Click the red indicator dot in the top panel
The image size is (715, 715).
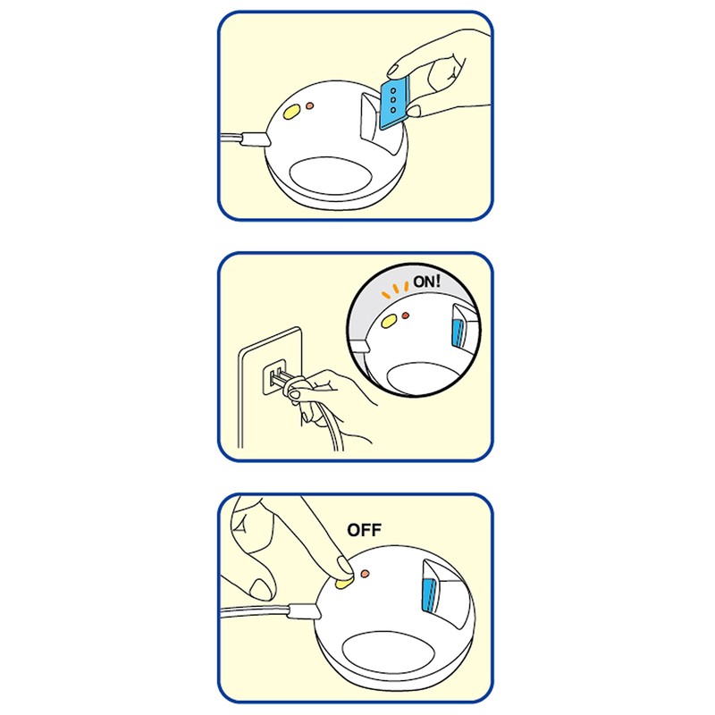tap(309, 105)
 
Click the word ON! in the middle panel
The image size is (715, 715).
tap(427, 282)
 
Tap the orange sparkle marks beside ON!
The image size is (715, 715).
tap(395, 290)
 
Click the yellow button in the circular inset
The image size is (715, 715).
tap(389, 322)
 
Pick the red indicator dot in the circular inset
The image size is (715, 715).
tap(406, 315)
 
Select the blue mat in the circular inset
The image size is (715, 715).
tap(457, 334)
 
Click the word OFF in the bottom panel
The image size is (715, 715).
tap(364, 530)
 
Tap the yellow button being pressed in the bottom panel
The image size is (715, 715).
tap(343, 583)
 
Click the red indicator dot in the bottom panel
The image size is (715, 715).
tap(365, 573)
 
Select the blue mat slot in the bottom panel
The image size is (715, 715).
tap(430, 594)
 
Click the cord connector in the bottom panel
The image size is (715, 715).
tap(304, 610)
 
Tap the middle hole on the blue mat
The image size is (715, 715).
tap(393, 100)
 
